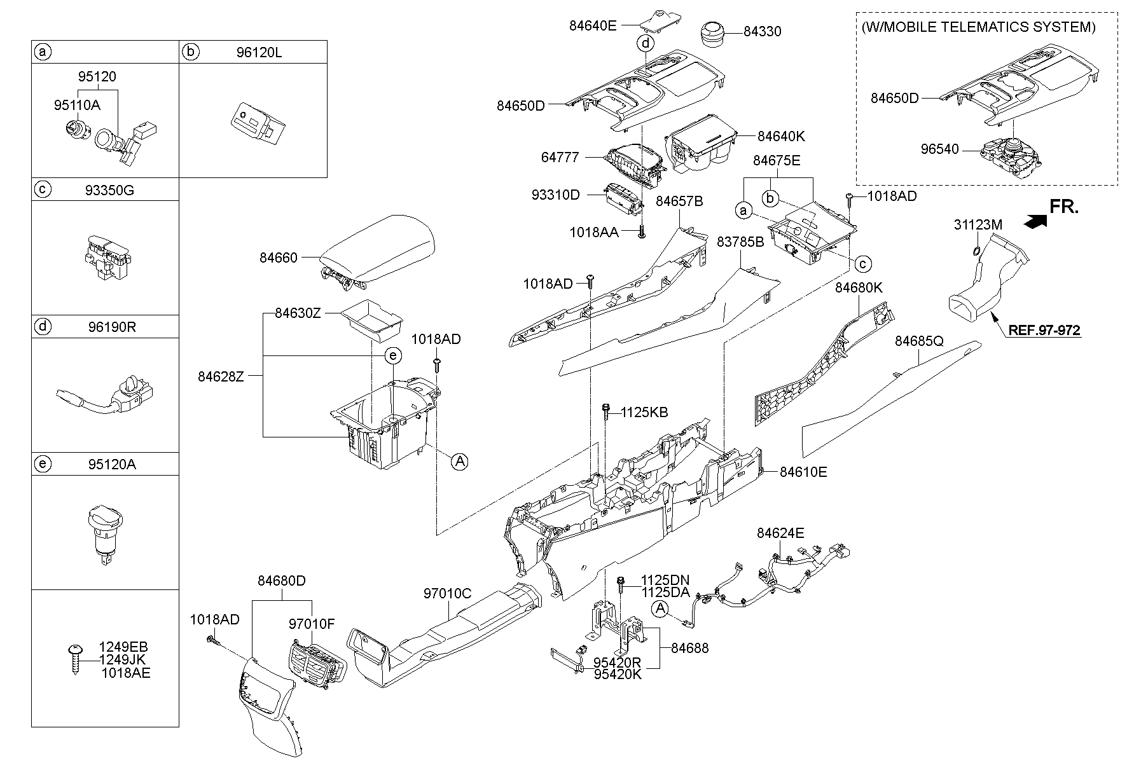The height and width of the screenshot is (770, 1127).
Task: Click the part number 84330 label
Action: (x=763, y=31)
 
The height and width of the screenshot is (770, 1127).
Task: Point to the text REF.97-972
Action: (x=1044, y=330)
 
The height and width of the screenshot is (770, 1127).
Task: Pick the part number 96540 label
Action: (x=939, y=150)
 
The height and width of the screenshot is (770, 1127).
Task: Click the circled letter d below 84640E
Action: (x=646, y=43)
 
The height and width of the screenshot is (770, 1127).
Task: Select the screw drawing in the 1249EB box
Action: (x=75, y=659)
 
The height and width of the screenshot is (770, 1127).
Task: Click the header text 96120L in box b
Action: (x=259, y=52)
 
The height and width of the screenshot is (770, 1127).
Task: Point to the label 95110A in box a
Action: (x=77, y=106)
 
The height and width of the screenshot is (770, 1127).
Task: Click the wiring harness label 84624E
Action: (x=780, y=533)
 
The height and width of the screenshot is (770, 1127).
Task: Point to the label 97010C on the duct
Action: (x=448, y=593)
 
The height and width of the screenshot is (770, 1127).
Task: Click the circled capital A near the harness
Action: (x=661, y=609)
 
